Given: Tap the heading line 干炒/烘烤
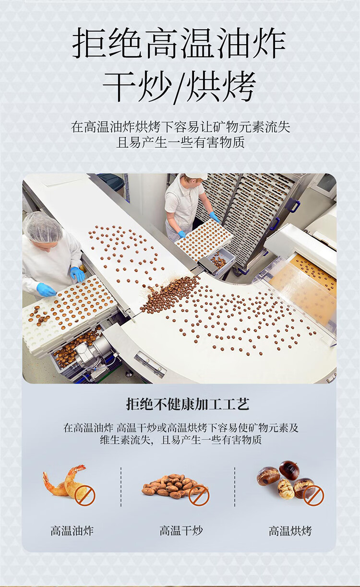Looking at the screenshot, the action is (x=179, y=86).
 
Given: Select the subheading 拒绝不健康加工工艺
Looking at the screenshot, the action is (x=188, y=404).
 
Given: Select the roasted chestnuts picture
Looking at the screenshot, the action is (x=288, y=480).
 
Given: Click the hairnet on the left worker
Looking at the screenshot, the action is (x=43, y=226).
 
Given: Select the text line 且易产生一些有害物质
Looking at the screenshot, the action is (x=180, y=143).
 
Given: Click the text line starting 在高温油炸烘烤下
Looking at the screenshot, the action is (x=180, y=127).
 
